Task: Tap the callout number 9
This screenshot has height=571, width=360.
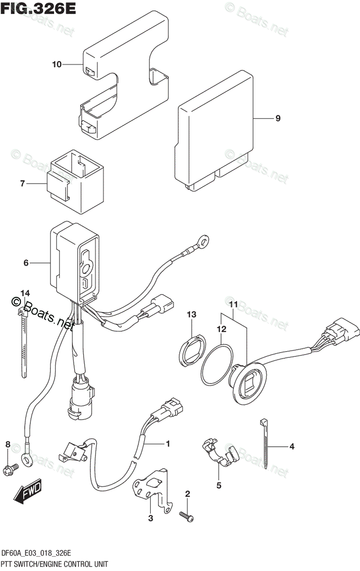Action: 278,118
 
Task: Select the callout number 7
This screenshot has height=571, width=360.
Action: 22,183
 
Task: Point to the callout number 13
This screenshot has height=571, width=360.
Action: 191,315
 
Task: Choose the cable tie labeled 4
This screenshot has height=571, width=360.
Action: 264,445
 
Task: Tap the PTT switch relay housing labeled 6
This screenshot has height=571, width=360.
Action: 76,264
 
